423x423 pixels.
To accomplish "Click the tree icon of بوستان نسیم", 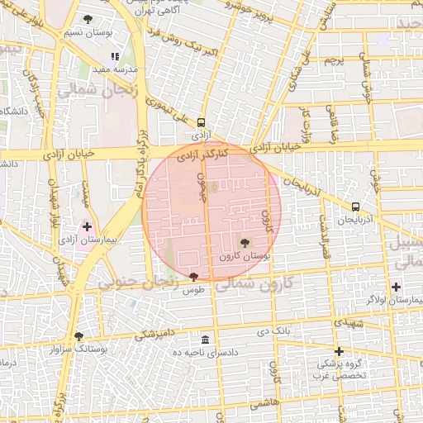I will pyautogui.click(x=88, y=19).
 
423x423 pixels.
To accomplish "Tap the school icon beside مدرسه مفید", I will pyautogui.click(x=115, y=57).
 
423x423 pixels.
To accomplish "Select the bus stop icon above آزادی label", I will pyautogui.click(x=202, y=121).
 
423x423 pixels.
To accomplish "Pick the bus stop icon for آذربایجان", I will pyautogui.click(x=355, y=207).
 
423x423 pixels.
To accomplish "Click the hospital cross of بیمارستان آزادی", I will pyautogui.click(x=88, y=226).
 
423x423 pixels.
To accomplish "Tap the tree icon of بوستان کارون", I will pyautogui.click(x=245, y=242).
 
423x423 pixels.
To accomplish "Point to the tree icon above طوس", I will pyautogui.click(x=194, y=277).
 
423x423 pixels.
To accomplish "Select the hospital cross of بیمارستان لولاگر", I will pyautogui.click(x=397, y=287).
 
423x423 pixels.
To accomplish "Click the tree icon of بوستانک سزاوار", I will pyautogui.click(x=78, y=336).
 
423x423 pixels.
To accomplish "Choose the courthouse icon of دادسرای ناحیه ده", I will pyautogui.click(x=206, y=339).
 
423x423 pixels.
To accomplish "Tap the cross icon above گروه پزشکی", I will pyautogui.click(x=339, y=351).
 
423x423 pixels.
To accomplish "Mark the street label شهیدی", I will pyautogui.click(x=351, y=321).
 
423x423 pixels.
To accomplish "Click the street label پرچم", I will pyautogui.click(x=332, y=61).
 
